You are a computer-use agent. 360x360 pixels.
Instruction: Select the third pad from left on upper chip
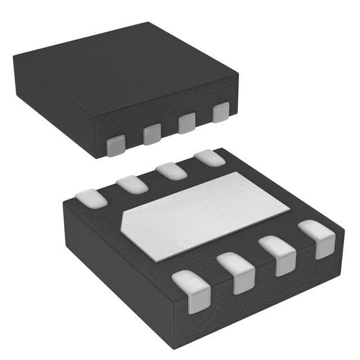coord(187,124)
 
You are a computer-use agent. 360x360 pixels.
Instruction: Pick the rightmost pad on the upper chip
coord(220,113)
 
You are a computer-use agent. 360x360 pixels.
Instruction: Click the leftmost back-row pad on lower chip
coord(91,197)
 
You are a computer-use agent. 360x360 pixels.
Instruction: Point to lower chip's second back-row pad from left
coord(132,184)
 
